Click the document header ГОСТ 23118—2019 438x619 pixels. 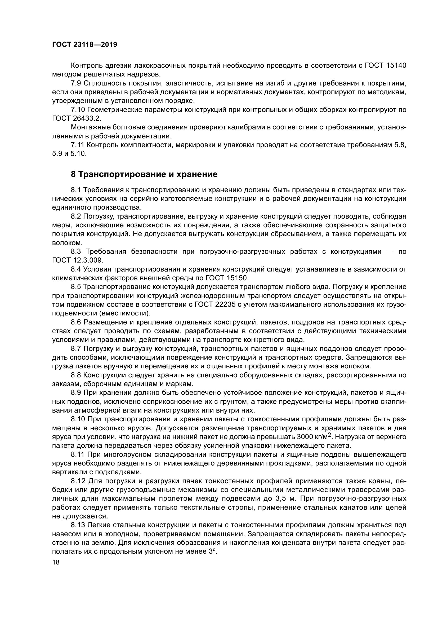click(x=84, y=45)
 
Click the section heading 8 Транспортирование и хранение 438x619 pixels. click(x=144, y=174)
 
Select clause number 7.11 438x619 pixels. click(x=77, y=145)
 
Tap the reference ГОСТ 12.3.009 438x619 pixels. click(x=77, y=260)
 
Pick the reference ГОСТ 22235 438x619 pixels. click(x=209, y=304)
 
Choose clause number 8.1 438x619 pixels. click(x=76, y=190)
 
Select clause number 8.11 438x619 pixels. click(x=77, y=454)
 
